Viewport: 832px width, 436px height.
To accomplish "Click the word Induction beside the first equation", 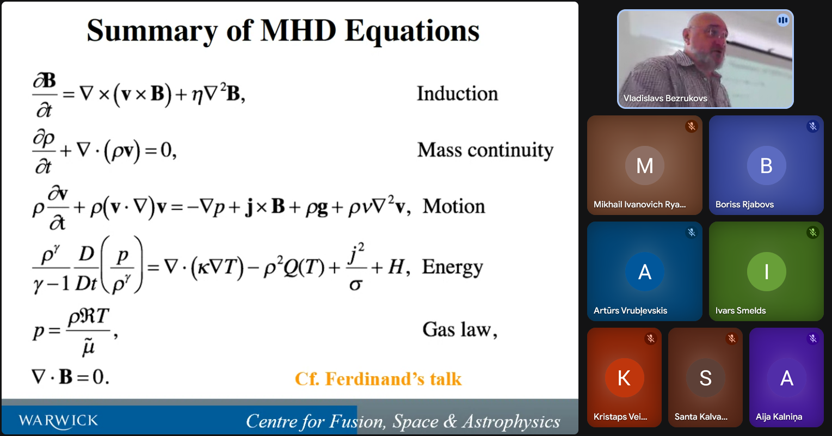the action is (x=457, y=93).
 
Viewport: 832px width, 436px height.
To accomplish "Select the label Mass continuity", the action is (x=485, y=151).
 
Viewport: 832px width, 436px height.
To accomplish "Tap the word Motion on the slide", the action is (x=454, y=206).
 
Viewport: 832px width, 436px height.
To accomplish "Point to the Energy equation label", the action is (x=452, y=267).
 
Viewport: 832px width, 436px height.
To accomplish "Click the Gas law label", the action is (x=460, y=329).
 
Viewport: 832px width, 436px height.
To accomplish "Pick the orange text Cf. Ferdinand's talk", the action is (x=378, y=379).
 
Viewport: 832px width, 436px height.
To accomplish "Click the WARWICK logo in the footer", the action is (x=58, y=421).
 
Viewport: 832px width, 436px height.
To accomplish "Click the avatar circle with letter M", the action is (x=644, y=165).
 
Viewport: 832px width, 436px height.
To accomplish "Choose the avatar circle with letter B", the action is (x=766, y=165).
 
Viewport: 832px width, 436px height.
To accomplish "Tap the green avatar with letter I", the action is (x=766, y=272).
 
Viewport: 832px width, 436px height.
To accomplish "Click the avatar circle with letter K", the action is (x=624, y=378).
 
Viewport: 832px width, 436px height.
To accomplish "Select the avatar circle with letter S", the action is (x=705, y=378).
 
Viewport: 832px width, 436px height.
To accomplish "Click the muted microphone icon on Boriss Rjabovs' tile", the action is (x=813, y=126).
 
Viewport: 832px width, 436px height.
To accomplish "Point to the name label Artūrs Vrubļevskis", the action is (x=630, y=311).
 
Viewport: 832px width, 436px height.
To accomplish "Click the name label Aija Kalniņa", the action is (x=779, y=417).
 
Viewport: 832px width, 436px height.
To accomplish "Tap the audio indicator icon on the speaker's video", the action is (x=782, y=20).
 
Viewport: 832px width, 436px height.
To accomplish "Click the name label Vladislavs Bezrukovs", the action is (x=665, y=99).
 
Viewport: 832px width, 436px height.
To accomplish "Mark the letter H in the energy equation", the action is (x=396, y=267).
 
